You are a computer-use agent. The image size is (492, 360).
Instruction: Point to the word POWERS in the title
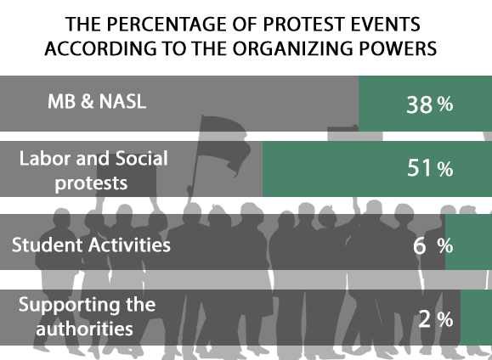coord(398,48)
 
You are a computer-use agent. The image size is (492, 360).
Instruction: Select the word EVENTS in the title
coord(385,24)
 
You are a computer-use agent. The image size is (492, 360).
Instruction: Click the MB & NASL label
coord(97,101)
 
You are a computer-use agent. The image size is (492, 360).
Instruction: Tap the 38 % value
coord(430,104)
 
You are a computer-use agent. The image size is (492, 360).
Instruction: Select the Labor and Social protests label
coord(93,171)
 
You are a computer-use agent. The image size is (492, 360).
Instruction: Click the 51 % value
coord(430,168)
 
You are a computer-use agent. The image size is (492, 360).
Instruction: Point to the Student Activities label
coord(91,245)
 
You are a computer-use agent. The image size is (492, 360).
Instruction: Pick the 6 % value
coord(433,246)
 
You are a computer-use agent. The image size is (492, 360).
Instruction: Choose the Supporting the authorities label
coord(87,317)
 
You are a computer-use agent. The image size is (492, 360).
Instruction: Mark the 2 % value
coord(436,319)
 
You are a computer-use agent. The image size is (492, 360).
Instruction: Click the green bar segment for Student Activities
coord(468,242)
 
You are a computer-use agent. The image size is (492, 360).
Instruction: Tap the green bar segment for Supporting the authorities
coord(477,317)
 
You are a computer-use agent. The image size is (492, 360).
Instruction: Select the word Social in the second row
coord(142,158)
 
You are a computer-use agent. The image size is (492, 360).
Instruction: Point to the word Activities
coord(129,245)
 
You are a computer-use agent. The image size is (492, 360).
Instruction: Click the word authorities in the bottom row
coord(84,329)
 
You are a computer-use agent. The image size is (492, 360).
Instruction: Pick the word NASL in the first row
coord(122,101)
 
